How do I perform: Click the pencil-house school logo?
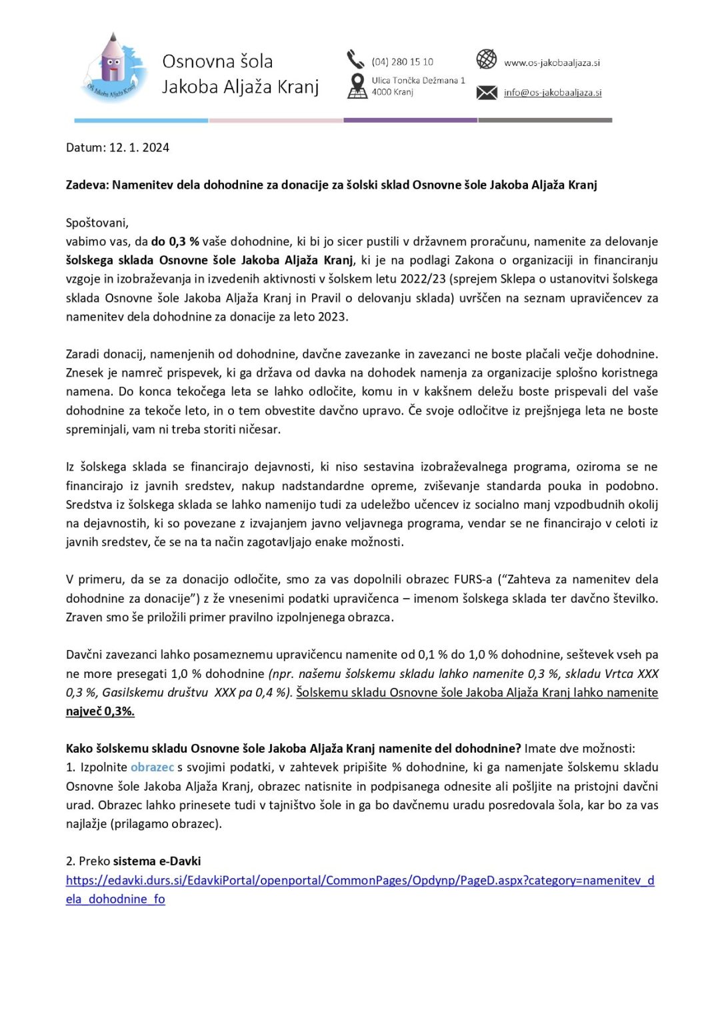pos(113,68)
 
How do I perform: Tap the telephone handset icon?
pos(355,60)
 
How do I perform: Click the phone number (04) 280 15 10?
pos(402,62)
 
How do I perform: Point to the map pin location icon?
pos(357,86)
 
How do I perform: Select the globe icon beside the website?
pos(487,59)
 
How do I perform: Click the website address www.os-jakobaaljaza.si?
pos(551,63)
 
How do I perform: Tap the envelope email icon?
pos(487,93)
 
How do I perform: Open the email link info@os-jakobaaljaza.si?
pos(552,93)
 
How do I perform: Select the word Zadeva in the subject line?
pos(87,185)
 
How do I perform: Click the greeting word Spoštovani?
pos(97,223)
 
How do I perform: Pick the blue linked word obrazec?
pos(152,767)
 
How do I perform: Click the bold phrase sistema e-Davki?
pos(157,861)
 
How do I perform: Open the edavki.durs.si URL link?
pos(359,881)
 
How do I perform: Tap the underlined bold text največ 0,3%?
pos(100,711)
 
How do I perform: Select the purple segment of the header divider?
pos(410,121)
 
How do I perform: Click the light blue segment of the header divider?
pos(141,121)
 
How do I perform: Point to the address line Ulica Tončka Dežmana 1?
pos(418,81)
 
